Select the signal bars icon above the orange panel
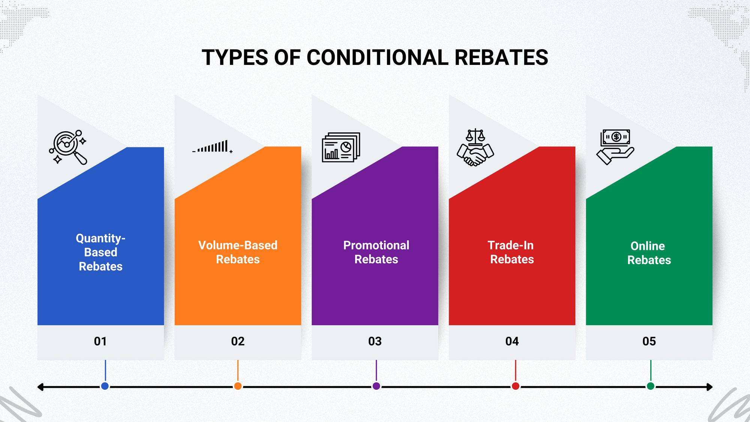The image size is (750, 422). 213,147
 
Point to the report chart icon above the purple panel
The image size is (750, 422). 341,147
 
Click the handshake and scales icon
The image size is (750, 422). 475,148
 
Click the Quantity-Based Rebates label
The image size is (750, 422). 100,252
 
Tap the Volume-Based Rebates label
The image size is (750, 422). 238,252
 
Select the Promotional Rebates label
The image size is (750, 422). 376,252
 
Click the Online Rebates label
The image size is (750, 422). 649,253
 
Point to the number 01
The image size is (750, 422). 100,341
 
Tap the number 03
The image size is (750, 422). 375,341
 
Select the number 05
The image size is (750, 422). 649,341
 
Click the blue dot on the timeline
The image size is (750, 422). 105,386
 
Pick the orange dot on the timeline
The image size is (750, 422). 238,386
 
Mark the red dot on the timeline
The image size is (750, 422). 516,386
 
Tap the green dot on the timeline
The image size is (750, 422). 651,386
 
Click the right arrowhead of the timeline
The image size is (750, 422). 709,387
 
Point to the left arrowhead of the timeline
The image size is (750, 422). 40,387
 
